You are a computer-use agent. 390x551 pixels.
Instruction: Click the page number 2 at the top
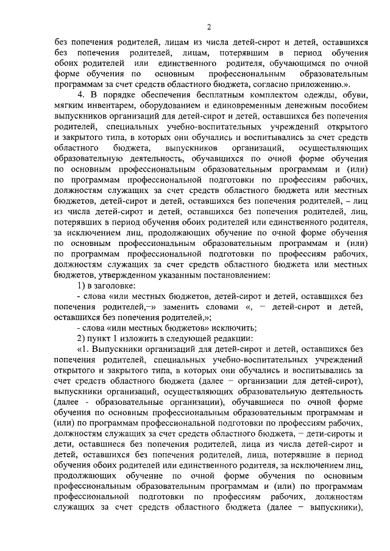(208, 27)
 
